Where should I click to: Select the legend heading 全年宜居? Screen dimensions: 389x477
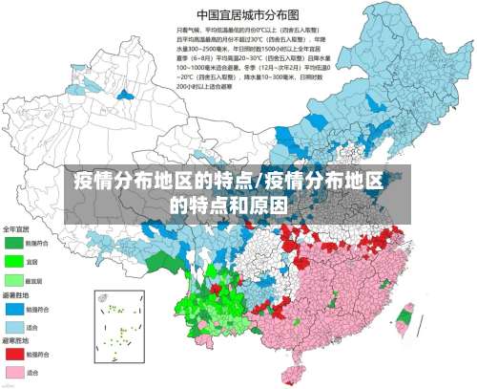pyautogui.click(x=15, y=228)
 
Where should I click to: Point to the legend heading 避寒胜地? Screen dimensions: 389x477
pyautogui.click(x=15, y=340)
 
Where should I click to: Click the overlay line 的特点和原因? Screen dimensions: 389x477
pyautogui.click(x=229, y=204)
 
